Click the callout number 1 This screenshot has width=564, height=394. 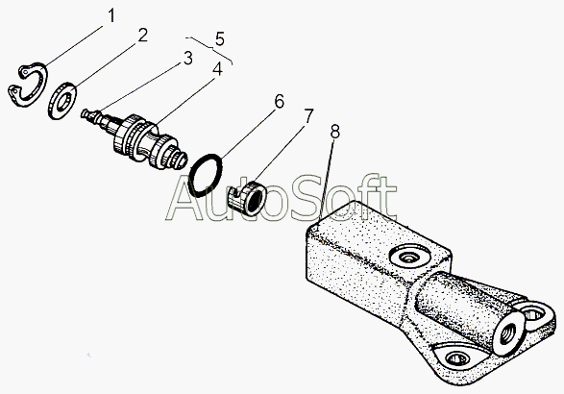(x=111, y=15)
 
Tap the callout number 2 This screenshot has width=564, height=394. (x=143, y=36)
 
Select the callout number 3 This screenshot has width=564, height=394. (x=187, y=59)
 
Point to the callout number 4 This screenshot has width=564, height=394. (x=217, y=69)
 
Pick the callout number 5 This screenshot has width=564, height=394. (x=220, y=38)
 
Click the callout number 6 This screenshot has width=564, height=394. (x=280, y=101)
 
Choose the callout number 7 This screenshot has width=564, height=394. (x=308, y=116)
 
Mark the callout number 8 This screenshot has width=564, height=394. (x=335, y=132)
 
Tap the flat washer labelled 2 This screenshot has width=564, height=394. (x=61, y=101)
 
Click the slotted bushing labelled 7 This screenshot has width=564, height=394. (x=248, y=199)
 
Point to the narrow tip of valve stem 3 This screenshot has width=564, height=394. (x=84, y=113)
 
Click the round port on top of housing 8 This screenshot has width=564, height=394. (x=410, y=257)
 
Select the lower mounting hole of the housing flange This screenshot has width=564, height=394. (x=457, y=358)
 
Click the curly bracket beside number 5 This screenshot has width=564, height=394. (x=209, y=49)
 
